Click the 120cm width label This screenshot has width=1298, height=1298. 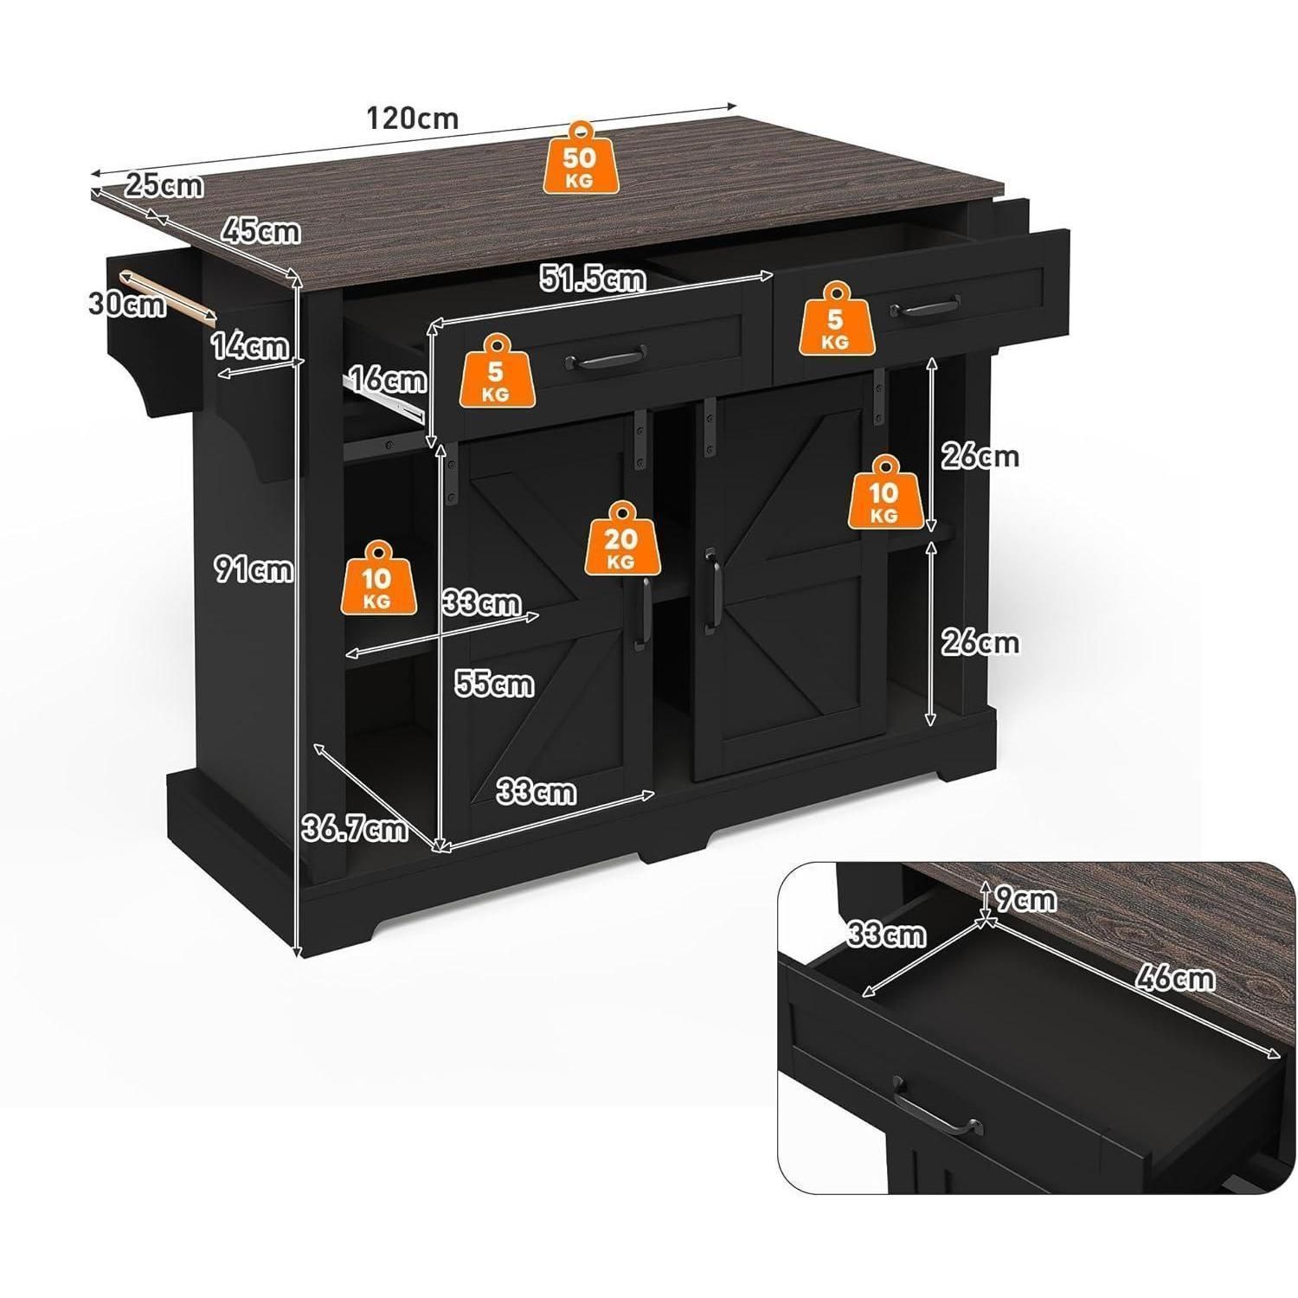[412, 118]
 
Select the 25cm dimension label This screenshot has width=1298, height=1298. [164, 185]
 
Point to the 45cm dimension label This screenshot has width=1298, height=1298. [260, 231]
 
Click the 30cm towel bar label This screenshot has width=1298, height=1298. [127, 304]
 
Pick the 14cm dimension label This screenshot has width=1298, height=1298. [250, 346]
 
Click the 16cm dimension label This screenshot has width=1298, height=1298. [387, 379]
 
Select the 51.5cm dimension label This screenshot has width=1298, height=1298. [593, 279]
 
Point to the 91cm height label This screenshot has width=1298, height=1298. [254, 569]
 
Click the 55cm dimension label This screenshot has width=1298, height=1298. [494, 684]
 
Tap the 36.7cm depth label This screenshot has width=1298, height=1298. [354, 829]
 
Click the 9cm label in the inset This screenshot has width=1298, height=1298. [1025, 900]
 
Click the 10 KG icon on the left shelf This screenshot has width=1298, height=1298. [378, 579]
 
